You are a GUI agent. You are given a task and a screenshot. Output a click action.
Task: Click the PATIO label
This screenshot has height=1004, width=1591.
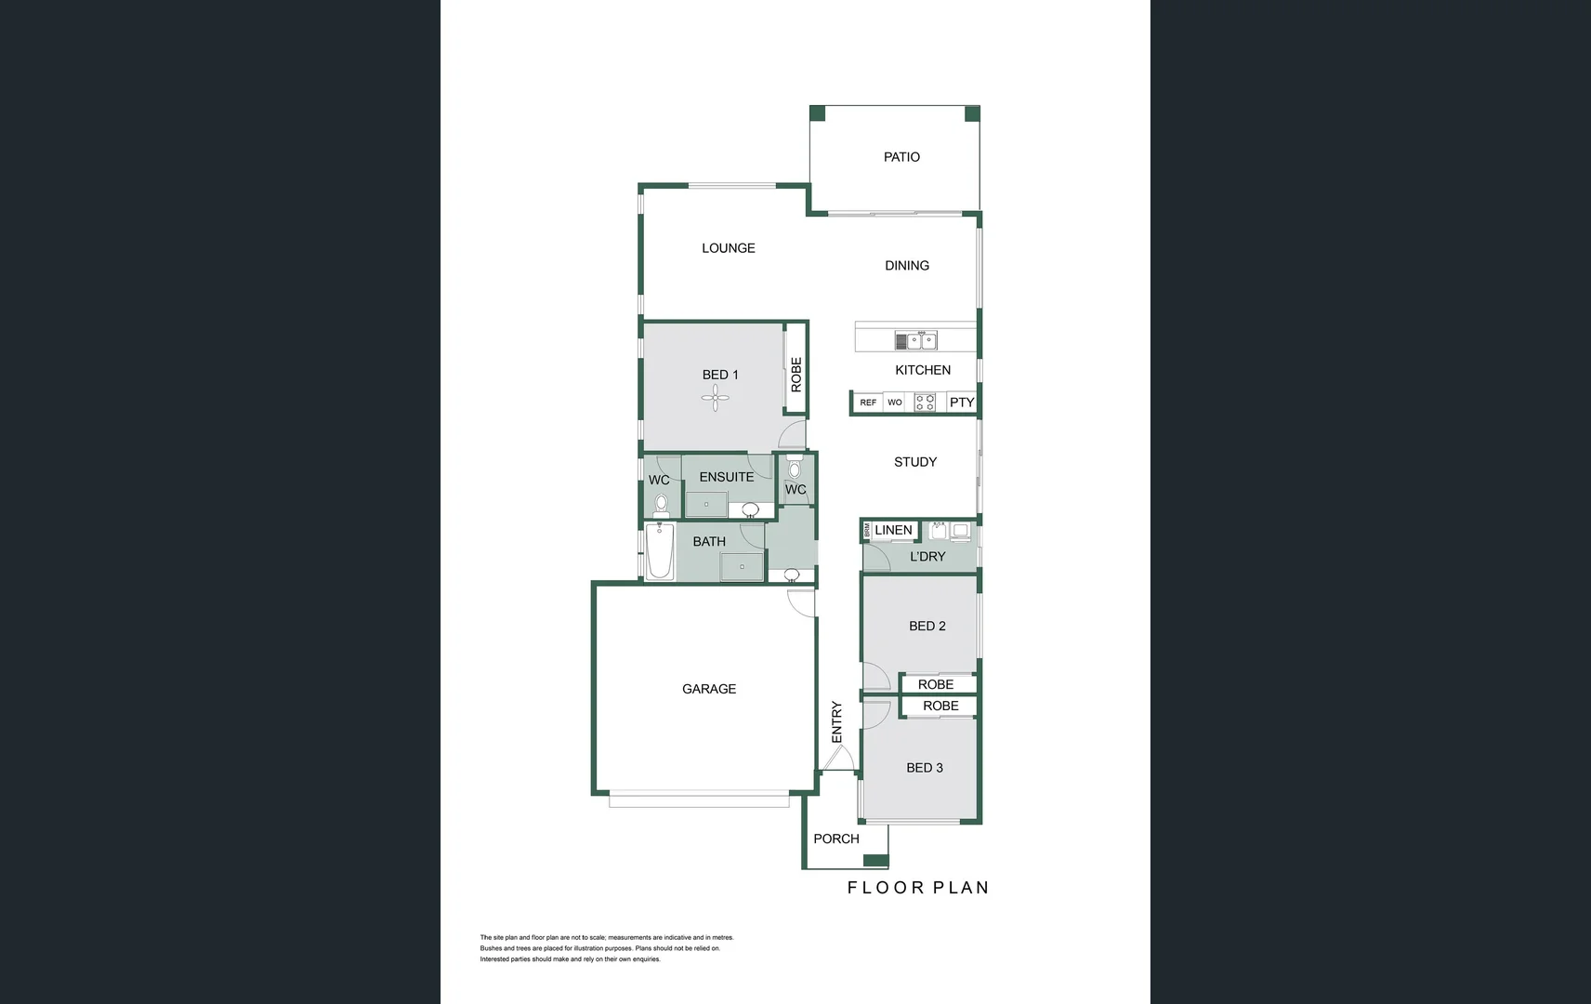coord(901,157)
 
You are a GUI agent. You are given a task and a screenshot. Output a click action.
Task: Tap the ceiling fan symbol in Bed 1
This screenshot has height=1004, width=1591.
coord(715,401)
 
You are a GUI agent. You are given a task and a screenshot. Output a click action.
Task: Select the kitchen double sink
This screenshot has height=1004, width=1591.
coord(915,341)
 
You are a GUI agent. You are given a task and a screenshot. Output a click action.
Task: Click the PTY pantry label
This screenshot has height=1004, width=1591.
coord(962,403)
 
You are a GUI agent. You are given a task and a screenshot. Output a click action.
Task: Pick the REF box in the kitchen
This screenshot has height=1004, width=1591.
coord(868,403)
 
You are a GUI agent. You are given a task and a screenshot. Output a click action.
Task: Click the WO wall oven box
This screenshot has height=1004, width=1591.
coord(894,403)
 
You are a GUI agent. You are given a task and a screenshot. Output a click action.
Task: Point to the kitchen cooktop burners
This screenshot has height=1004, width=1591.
coord(925,403)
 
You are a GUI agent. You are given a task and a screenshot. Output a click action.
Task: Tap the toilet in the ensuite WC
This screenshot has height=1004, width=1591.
coord(661,505)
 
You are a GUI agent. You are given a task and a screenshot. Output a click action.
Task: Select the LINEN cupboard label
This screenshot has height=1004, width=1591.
coord(893,530)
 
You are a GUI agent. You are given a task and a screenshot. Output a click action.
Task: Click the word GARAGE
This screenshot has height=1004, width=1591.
coord(709,689)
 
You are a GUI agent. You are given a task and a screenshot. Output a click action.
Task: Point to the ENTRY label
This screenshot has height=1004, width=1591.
coord(836,721)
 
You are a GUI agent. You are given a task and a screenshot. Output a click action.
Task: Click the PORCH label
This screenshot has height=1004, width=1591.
coord(836,839)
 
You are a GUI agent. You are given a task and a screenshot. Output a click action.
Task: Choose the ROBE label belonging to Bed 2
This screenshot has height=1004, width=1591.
coord(936,684)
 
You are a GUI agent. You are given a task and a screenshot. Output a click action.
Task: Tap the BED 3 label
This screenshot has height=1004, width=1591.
coord(925,768)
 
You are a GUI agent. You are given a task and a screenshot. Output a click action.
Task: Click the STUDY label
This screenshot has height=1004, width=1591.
coord(915,462)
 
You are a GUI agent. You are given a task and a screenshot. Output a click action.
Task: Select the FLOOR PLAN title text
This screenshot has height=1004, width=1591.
coord(917,888)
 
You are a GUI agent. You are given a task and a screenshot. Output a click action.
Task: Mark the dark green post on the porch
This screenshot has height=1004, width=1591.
coord(875,860)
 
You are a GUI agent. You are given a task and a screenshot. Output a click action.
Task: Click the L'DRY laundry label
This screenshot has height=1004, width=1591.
coord(927,557)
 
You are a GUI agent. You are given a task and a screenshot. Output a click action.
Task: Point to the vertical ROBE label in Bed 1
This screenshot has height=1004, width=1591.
coord(796,375)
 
